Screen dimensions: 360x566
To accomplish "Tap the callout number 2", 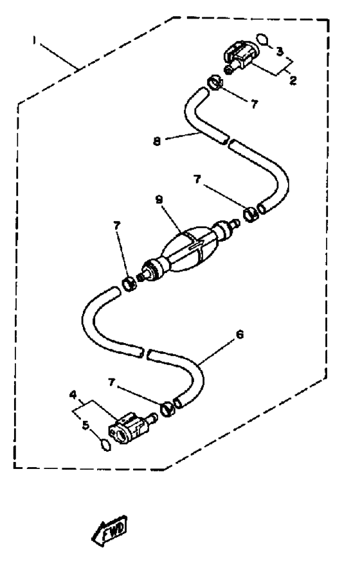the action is (x=293, y=80).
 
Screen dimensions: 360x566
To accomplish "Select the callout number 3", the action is (x=280, y=51).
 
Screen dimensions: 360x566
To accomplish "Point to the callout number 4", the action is (x=73, y=395).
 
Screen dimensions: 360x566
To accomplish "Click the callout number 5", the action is (x=85, y=425).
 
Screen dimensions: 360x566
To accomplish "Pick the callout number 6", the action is (x=240, y=334).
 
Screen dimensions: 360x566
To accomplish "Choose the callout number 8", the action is (x=157, y=141).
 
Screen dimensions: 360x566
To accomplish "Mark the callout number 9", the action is (x=159, y=200).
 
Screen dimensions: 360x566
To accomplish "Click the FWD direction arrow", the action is (x=109, y=530).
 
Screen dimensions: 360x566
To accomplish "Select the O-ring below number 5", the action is (x=105, y=445).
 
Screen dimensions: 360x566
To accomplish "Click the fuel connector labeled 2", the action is (x=240, y=57).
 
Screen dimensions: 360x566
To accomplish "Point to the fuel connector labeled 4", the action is (x=132, y=428).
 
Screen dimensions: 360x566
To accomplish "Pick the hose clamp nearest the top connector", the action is (x=214, y=83).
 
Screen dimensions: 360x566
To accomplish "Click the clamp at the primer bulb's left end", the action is (x=129, y=284).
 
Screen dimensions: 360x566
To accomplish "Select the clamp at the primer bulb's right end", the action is (x=250, y=215).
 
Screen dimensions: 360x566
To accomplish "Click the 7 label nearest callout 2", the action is (x=254, y=104).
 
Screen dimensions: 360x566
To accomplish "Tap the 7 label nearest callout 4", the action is (x=112, y=382).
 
